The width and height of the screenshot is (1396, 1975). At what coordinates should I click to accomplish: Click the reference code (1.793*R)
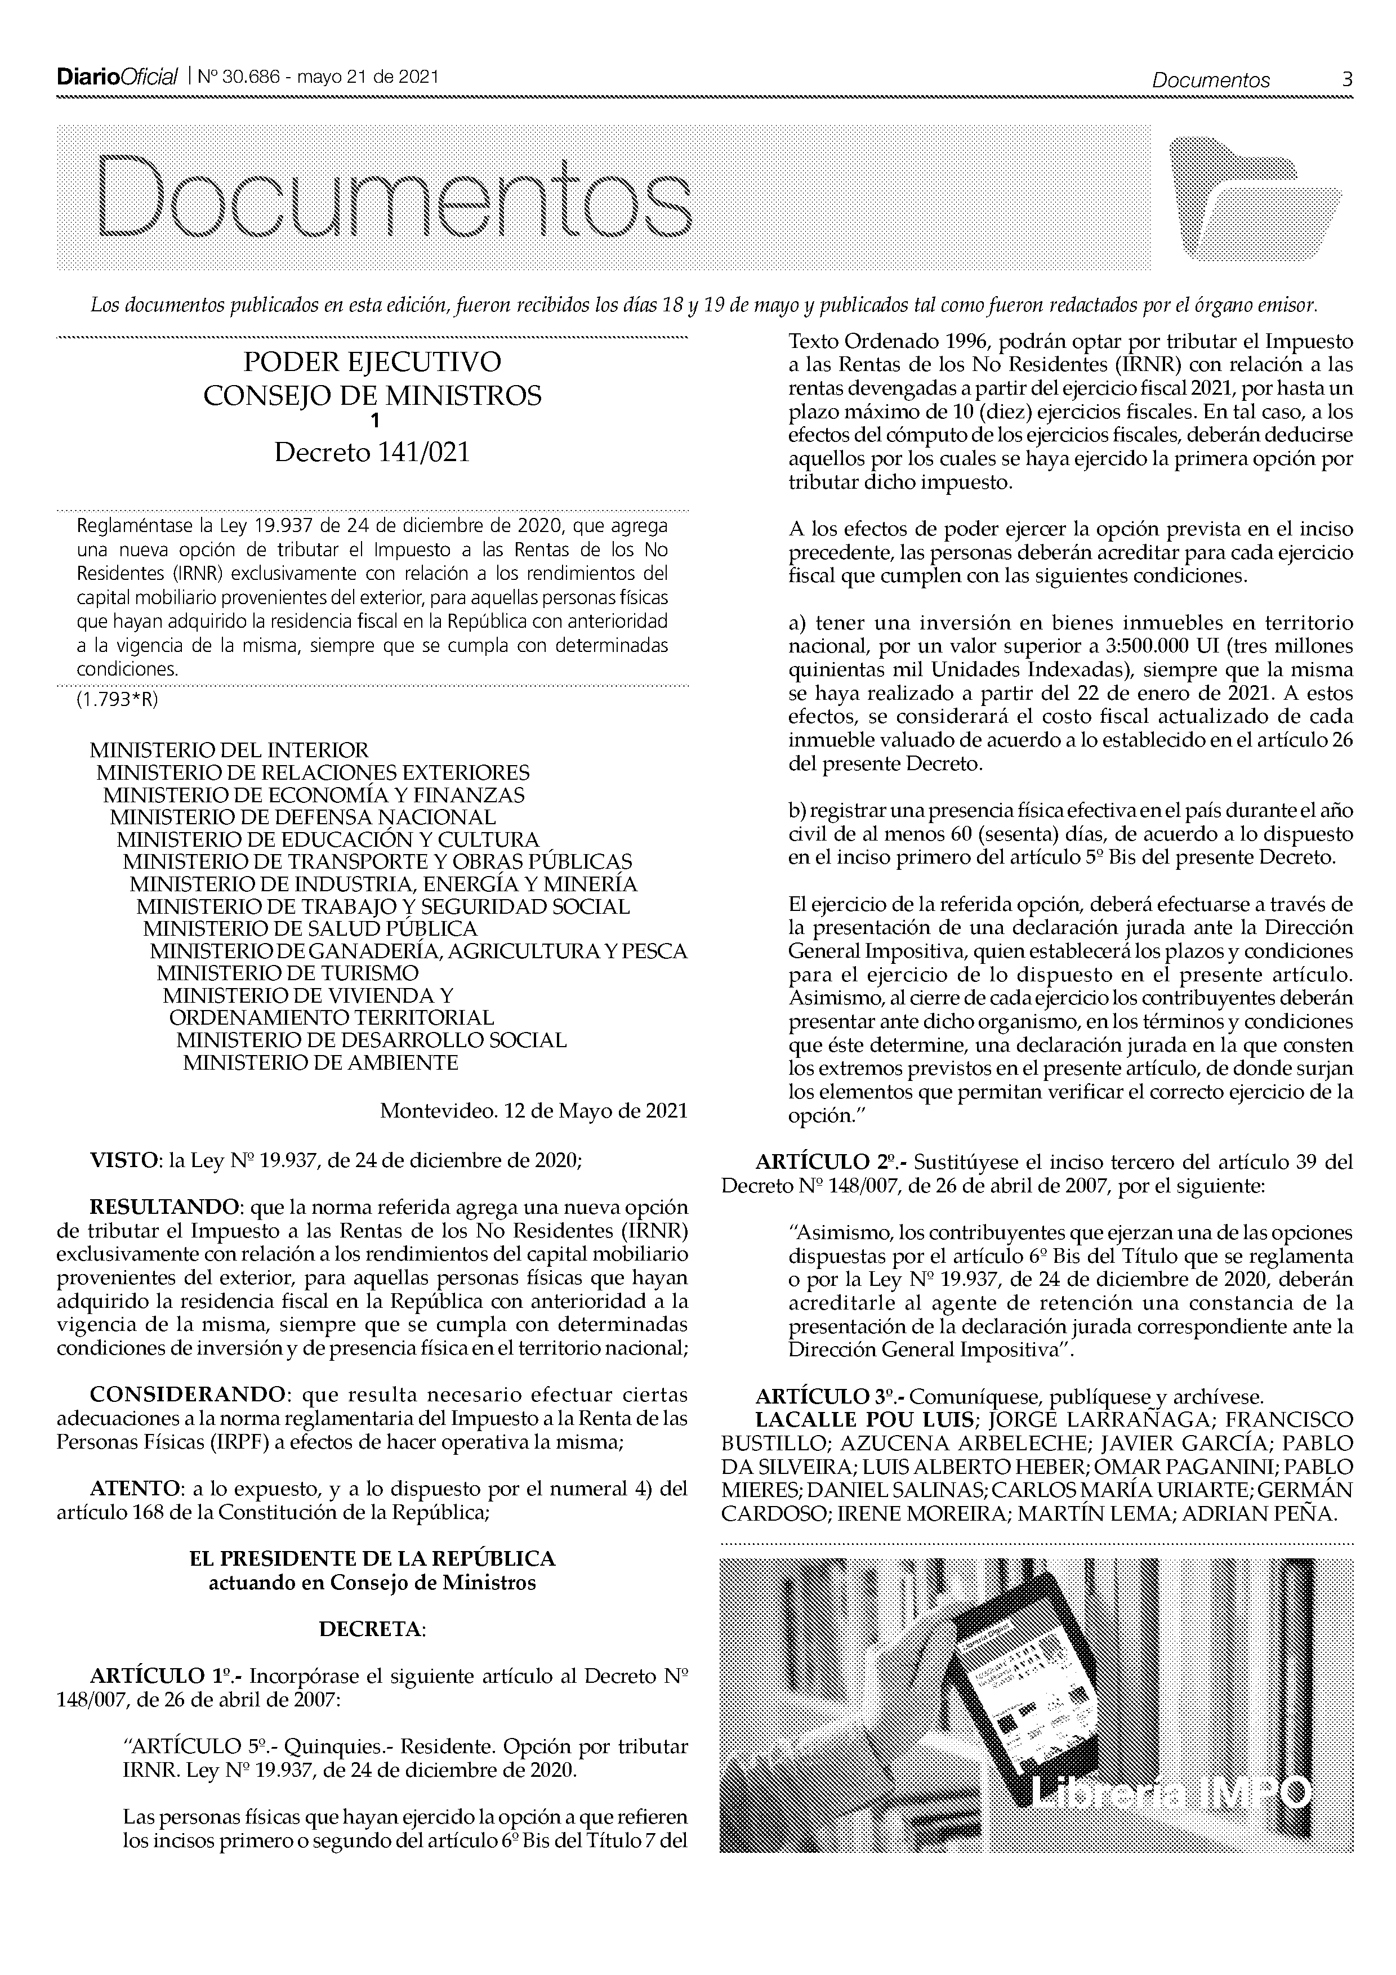[x=118, y=699]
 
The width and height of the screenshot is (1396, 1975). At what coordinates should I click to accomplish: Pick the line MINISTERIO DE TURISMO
[x=287, y=973]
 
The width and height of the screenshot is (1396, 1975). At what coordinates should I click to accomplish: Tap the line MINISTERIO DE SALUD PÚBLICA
[x=310, y=928]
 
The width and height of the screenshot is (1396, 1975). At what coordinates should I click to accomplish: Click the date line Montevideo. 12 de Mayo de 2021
[x=533, y=1110]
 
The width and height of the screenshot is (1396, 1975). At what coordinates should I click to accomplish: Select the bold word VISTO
[x=124, y=1160]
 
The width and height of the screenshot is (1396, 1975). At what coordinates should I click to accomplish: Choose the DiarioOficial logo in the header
[x=117, y=78]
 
